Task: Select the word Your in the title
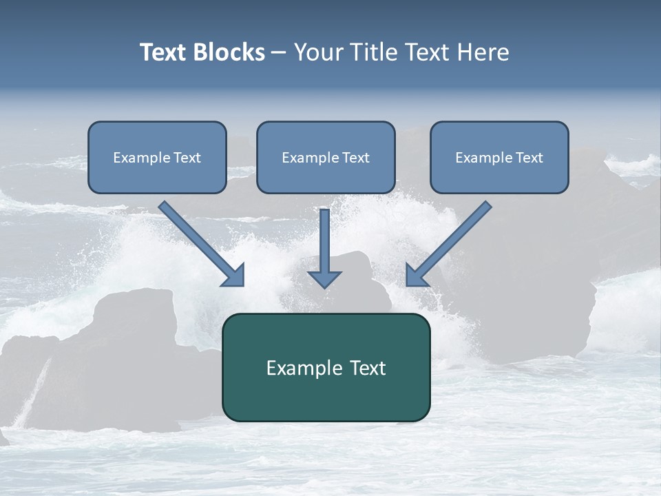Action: coord(317,52)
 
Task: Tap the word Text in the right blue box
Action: coord(529,158)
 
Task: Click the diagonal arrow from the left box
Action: coord(201,243)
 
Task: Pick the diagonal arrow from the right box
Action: coord(449,243)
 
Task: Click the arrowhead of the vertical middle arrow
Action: coord(324,279)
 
